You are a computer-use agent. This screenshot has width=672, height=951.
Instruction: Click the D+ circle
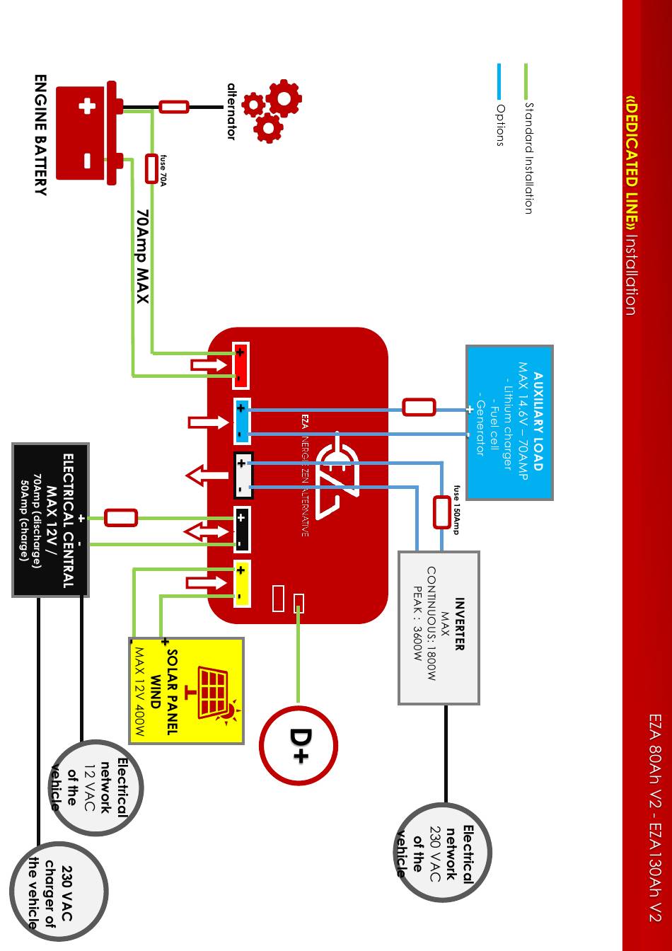pos(298,745)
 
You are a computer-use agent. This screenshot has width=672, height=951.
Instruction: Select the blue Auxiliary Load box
pos(509,422)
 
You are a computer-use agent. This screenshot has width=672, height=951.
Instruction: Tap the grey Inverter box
pos(439,628)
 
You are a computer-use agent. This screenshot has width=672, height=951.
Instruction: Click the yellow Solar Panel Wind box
pos(187,691)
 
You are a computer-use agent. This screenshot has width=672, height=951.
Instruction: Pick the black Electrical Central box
pos(50,520)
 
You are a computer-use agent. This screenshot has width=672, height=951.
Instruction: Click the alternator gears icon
pos(272,110)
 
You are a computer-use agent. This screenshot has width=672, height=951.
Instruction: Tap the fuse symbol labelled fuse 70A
pos(151,168)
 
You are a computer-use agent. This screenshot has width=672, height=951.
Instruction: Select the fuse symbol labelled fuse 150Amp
pos(441,512)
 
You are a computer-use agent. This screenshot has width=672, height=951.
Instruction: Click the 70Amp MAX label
pos(142,256)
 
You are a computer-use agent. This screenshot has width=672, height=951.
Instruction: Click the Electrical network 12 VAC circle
pos(97,787)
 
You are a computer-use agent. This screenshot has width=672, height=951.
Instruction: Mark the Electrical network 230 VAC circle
pos(444,851)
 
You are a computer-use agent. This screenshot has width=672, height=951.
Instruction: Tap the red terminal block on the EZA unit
pos(241,365)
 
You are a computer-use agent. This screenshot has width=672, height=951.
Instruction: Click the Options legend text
pos(500,125)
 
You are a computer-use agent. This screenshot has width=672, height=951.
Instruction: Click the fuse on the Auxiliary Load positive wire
pos(419,407)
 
